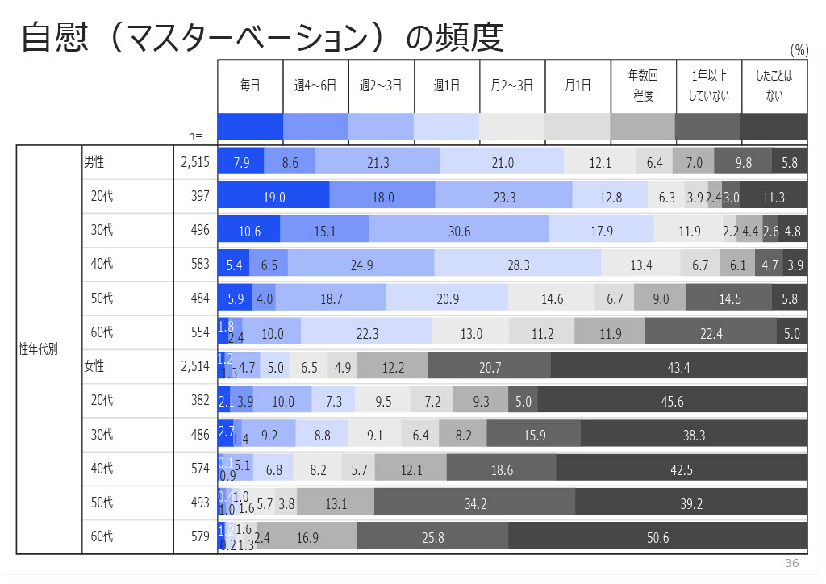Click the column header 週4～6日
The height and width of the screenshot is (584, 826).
tap(315, 85)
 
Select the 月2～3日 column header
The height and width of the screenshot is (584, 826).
tap(512, 85)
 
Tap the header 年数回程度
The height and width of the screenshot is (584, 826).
tap(643, 85)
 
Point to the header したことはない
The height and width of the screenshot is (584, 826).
tap(774, 85)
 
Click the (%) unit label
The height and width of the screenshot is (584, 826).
tap(799, 50)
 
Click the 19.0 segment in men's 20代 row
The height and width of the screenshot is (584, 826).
tap(274, 197)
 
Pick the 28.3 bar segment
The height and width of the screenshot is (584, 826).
tap(518, 265)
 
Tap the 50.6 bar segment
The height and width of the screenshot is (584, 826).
tap(657, 537)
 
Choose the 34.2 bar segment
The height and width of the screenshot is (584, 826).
tap(475, 503)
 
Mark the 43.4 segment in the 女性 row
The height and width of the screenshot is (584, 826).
tap(678, 367)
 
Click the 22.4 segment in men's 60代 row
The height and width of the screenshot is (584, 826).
tap(711, 333)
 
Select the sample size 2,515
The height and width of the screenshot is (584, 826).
tap(195, 162)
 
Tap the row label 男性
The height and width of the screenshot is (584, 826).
tap(94, 162)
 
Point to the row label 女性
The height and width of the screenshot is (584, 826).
tap(94, 367)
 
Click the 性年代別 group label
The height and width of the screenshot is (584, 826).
tap(38, 349)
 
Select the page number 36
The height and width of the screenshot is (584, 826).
tap(791, 563)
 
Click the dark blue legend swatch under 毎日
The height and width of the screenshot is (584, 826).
tap(251, 127)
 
